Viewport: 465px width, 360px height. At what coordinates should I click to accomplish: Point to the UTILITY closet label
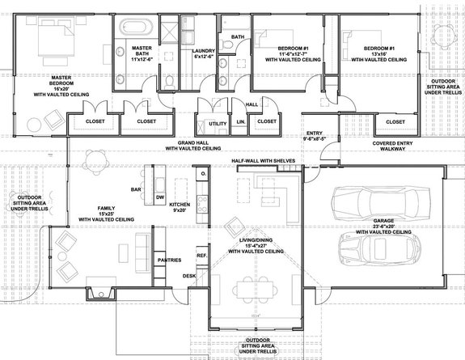pyautogui.click(x=218, y=123)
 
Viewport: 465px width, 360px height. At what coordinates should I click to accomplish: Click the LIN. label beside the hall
pyautogui.click(x=241, y=122)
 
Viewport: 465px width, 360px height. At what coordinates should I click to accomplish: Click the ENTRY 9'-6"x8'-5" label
pyautogui.click(x=315, y=136)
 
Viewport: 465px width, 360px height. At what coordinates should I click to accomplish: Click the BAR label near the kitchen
pyautogui.click(x=137, y=190)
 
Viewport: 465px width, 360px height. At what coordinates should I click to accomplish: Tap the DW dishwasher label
pyautogui.click(x=159, y=197)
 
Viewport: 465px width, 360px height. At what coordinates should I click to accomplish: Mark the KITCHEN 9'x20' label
pyautogui.click(x=180, y=208)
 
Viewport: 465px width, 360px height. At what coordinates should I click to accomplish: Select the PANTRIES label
pyautogui.click(x=169, y=260)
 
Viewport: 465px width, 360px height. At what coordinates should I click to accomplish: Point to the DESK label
pyautogui.click(x=188, y=275)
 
